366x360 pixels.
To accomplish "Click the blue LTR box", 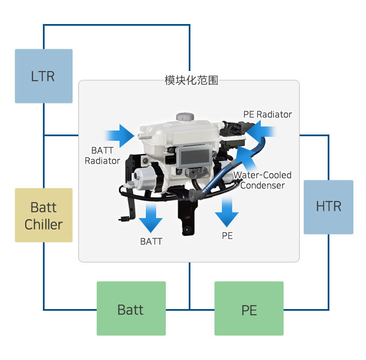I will (43, 76).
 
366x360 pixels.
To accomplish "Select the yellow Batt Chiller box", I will (43, 215).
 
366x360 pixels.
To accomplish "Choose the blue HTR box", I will (328, 207).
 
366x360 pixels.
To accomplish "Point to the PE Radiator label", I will (267, 114).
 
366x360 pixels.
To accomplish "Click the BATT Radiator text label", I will (102, 156).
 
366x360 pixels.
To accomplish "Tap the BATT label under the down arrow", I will (151, 241).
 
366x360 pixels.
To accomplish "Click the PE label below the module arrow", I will (227, 235).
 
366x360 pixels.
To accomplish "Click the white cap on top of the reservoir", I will (184, 116).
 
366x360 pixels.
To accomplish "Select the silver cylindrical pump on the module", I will (144, 177).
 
